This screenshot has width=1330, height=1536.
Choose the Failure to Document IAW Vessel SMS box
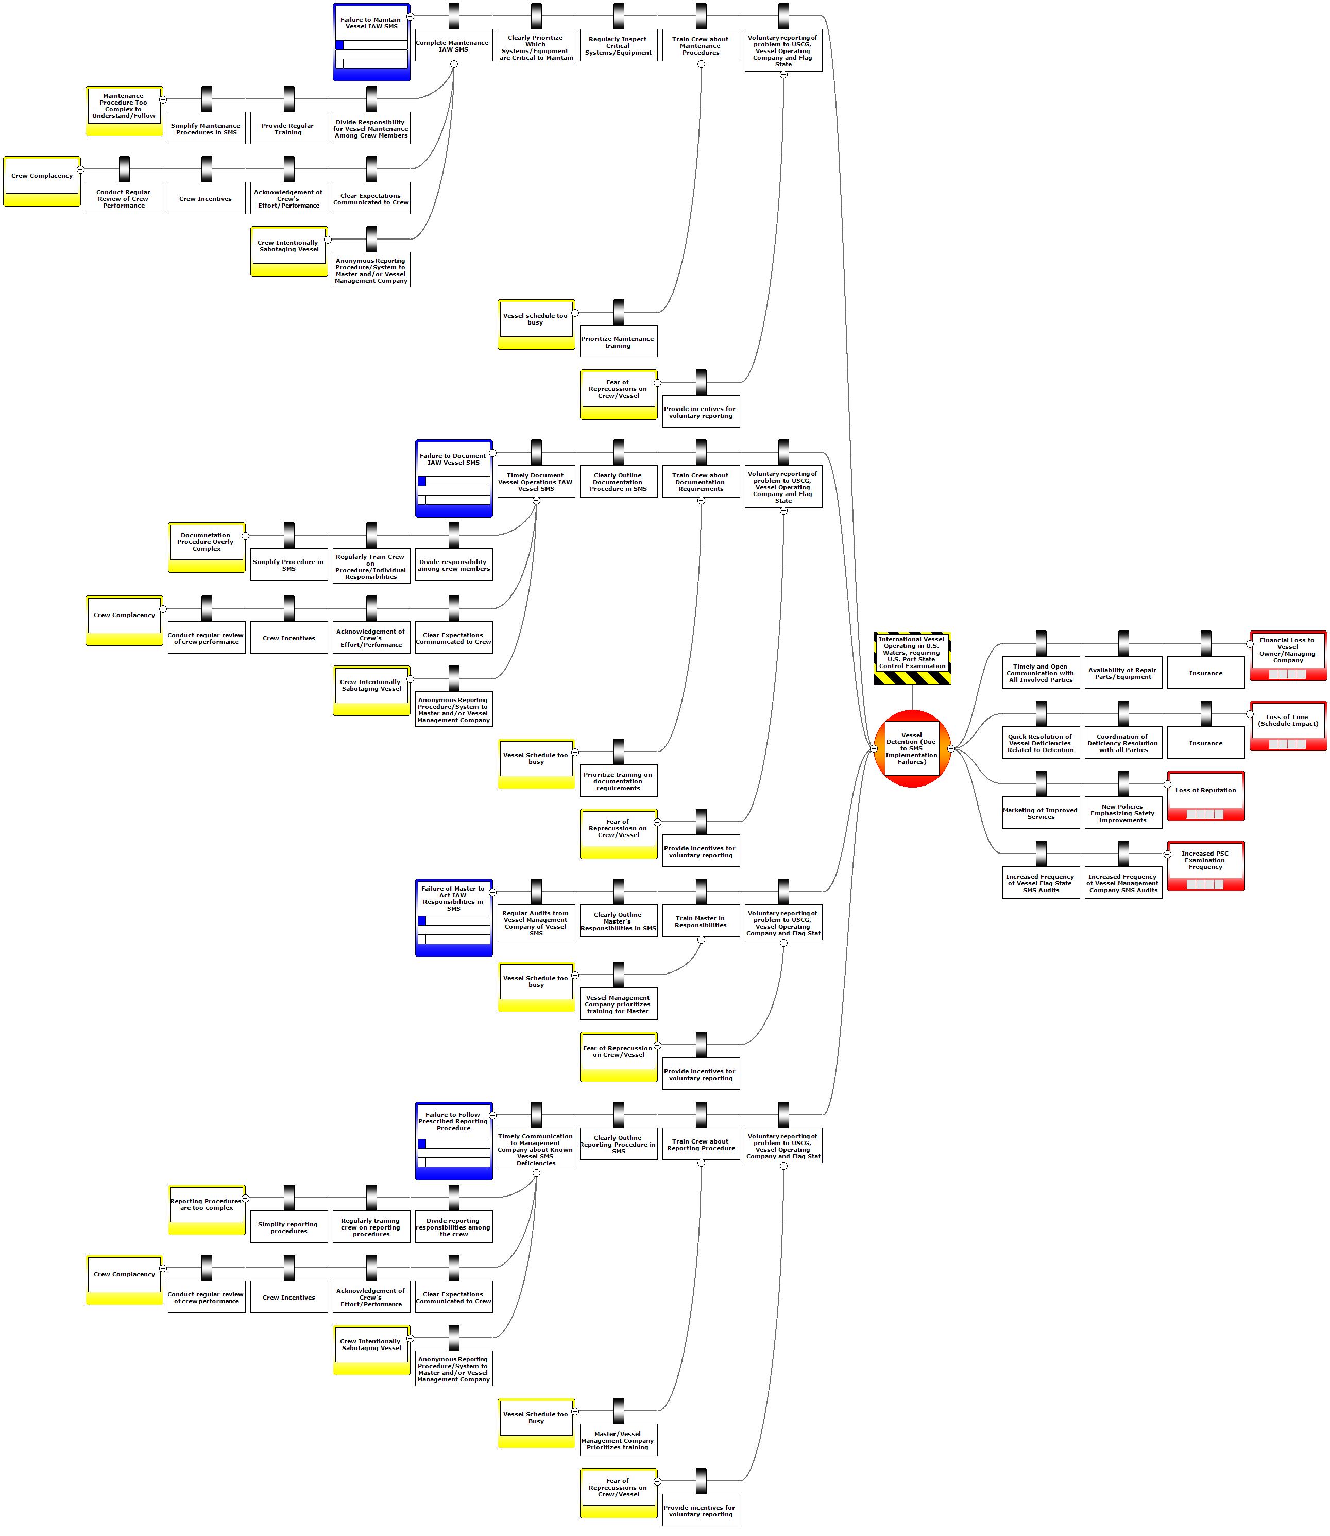click(x=453, y=478)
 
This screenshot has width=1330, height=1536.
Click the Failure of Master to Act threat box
click(x=453, y=917)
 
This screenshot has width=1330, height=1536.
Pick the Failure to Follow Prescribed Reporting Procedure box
click(x=453, y=1140)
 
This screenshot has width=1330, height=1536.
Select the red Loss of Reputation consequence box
click(x=1205, y=795)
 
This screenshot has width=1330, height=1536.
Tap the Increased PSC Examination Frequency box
click(x=1205, y=865)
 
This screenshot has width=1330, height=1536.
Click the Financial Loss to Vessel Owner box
click(x=1288, y=655)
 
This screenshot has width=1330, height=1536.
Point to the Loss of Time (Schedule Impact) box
click(x=1288, y=725)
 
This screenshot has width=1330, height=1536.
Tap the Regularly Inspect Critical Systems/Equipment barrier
click(x=618, y=46)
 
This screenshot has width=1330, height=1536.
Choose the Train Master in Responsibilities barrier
click(x=701, y=921)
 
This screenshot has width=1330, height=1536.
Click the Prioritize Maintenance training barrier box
click(x=618, y=342)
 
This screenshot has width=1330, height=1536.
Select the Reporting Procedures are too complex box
click(x=207, y=1209)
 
